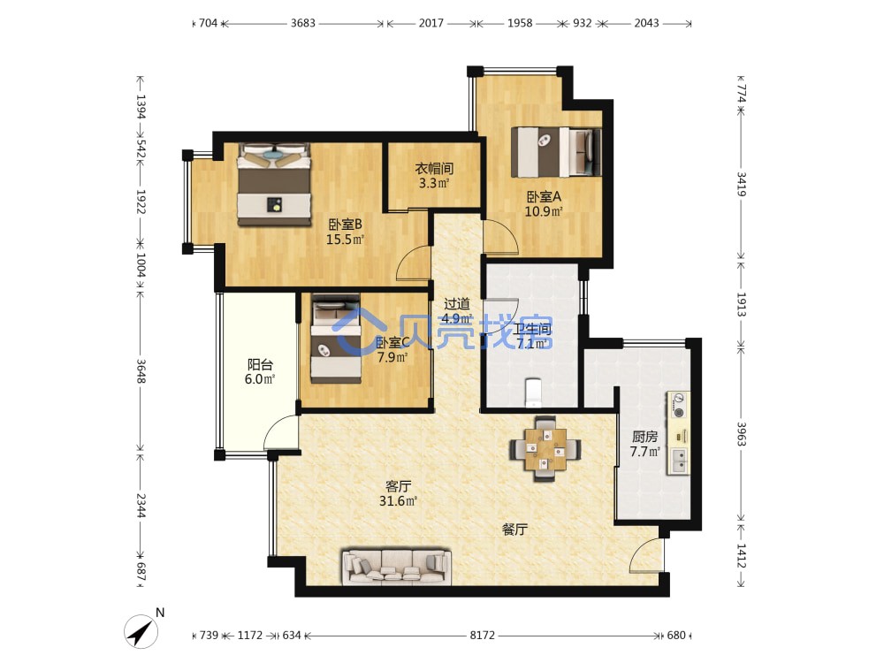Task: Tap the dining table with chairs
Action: pyautogui.click(x=545, y=449)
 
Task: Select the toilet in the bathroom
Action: pyautogui.click(x=533, y=392)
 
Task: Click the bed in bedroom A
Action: pyautogui.click(x=556, y=152)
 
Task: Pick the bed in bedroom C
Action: pyautogui.click(x=336, y=339)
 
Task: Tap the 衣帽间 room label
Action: pyautogui.click(x=434, y=168)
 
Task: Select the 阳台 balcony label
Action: pyautogui.click(x=259, y=364)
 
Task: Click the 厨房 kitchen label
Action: pyautogui.click(x=644, y=437)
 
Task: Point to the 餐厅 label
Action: pyautogui.click(x=514, y=530)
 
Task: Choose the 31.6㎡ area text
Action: pyautogui.click(x=398, y=500)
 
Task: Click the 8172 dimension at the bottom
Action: pyautogui.click(x=483, y=636)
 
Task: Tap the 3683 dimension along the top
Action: pyautogui.click(x=302, y=23)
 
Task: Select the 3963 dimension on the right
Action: pyautogui.click(x=742, y=434)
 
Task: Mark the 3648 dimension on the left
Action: pyautogui.click(x=141, y=371)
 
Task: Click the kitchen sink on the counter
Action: pyautogui.click(x=679, y=460)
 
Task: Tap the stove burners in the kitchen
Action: pyautogui.click(x=679, y=406)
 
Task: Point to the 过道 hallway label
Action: pyautogui.click(x=457, y=304)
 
